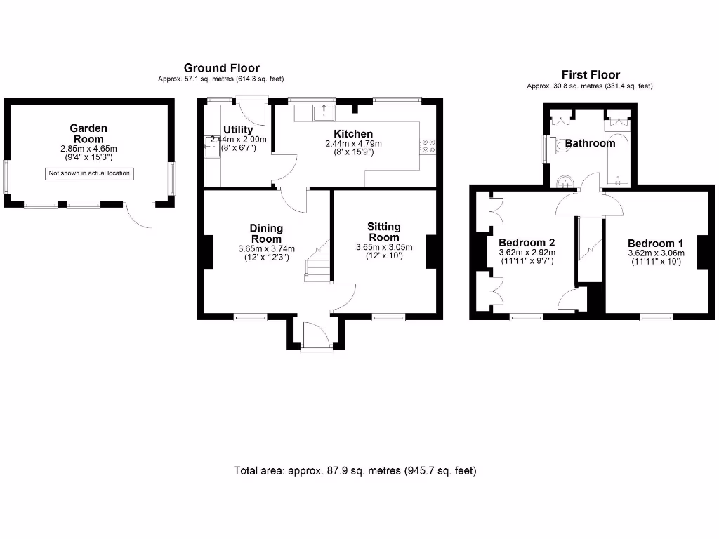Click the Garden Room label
(88, 133)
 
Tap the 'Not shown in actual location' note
(89, 173)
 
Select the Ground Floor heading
(221, 68)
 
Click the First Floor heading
(591, 75)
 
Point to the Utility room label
(238, 130)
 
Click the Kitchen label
(353, 133)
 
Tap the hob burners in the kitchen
(428, 145)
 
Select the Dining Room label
(266, 233)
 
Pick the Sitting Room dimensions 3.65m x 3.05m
(384, 247)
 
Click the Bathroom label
(590, 143)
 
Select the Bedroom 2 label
(527, 242)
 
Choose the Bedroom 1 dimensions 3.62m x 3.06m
(656, 253)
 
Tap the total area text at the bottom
(355, 471)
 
